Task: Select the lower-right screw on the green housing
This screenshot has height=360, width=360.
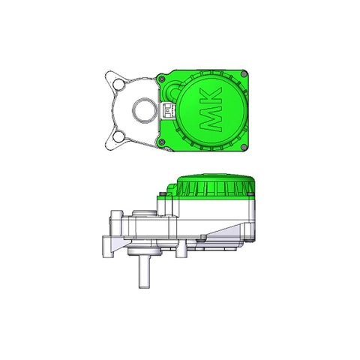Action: [x=244, y=145]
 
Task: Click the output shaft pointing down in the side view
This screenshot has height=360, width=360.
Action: [x=142, y=273]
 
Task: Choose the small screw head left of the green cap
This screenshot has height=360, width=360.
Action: [x=162, y=193]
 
